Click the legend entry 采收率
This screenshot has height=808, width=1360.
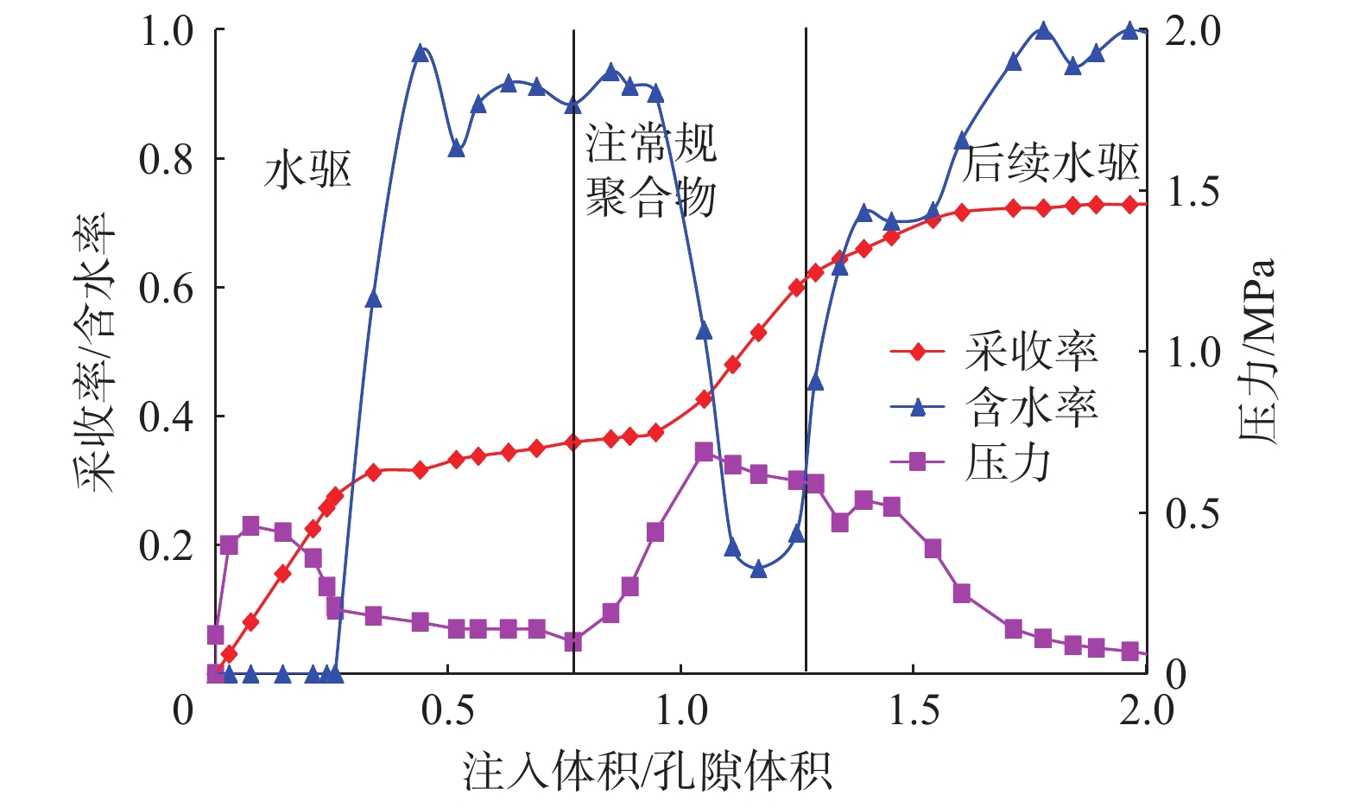click(x=1031, y=352)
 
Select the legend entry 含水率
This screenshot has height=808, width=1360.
click(x=1031, y=407)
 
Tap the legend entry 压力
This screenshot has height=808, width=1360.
click(x=1008, y=463)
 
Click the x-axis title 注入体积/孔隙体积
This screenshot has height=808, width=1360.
click(x=647, y=771)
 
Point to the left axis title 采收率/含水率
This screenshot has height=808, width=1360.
click(x=95, y=352)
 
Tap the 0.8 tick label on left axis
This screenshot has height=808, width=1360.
click(x=167, y=159)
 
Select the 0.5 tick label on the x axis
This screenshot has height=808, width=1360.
click(x=447, y=710)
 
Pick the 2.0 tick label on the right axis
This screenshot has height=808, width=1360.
click(x=1193, y=32)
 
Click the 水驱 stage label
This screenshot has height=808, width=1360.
click(x=307, y=169)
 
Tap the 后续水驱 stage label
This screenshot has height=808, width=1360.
click(x=1050, y=163)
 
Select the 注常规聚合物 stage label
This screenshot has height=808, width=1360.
click(x=650, y=170)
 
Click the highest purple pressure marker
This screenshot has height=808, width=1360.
click(x=704, y=452)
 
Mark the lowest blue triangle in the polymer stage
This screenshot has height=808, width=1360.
click(x=758, y=569)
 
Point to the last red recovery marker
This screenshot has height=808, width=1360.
click(x=1129, y=205)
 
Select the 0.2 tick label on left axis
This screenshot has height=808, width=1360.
click(x=167, y=546)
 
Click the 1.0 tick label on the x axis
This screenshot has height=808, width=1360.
click(x=681, y=710)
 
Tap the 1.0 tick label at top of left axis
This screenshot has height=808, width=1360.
click(x=167, y=32)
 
